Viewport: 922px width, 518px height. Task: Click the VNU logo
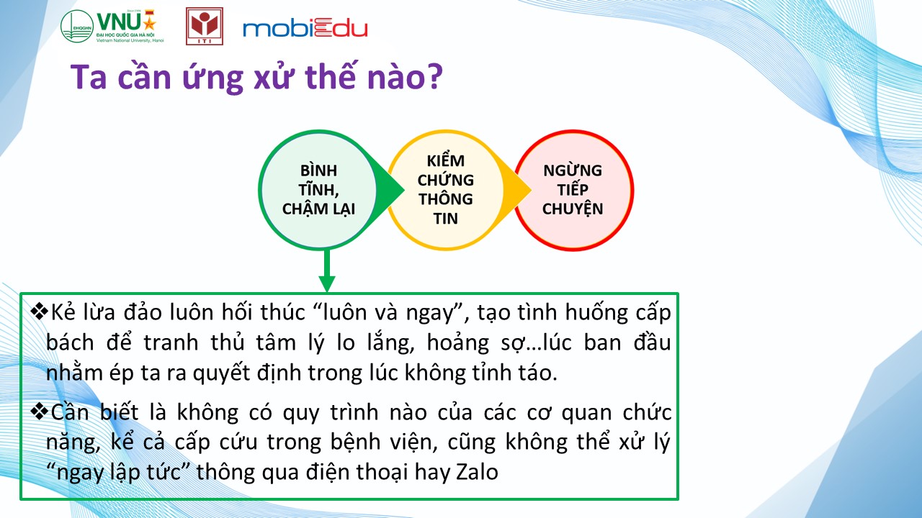tap(112, 26)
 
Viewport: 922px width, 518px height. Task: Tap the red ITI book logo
tap(205, 26)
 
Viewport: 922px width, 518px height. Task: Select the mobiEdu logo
tap(305, 28)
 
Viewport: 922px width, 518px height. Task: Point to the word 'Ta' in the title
tap(89, 77)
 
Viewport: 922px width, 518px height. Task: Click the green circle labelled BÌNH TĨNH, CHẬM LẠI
tap(318, 190)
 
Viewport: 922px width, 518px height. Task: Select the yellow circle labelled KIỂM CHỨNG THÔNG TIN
tap(445, 190)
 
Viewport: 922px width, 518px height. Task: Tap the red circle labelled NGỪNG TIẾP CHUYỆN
tap(573, 190)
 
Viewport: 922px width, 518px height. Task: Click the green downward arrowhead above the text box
tap(327, 283)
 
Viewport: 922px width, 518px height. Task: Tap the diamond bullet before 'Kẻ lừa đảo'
tap(40, 312)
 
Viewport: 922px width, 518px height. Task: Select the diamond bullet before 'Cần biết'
tap(40, 412)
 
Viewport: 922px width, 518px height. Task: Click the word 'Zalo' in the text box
tap(477, 472)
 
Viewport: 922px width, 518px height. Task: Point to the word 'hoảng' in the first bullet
tap(457, 343)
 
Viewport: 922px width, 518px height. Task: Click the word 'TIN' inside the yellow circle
tap(445, 218)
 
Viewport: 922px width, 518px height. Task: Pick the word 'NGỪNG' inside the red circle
tap(573, 170)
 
